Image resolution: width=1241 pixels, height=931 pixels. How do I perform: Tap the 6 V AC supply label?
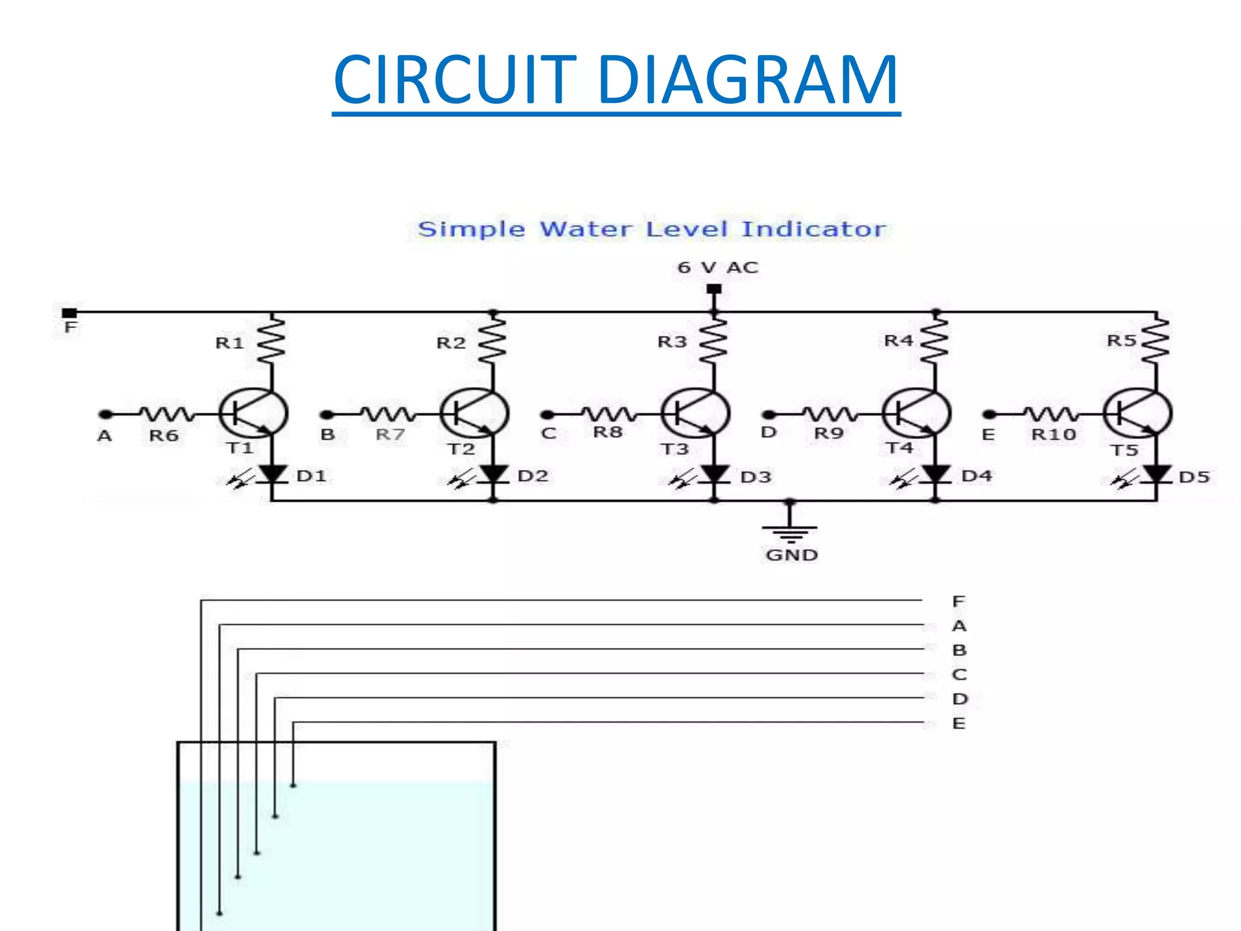(x=717, y=267)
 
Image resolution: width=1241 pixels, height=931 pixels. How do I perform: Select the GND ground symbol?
(x=790, y=532)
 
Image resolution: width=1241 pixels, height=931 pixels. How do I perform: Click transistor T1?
(x=253, y=413)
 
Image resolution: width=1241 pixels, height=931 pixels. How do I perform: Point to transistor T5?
(x=1138, y=413)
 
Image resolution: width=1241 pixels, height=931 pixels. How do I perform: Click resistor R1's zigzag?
(x=271, y=341)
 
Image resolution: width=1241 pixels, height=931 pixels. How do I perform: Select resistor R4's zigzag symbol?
(x=935, y=341)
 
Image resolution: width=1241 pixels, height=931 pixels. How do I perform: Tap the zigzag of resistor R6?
(x=167, y=414)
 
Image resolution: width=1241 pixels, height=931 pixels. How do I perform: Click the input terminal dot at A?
(x=106, y=415)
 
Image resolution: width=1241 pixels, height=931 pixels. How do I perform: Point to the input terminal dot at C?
(x=547, y=415)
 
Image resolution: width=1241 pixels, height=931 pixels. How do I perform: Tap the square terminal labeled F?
(x=70, y=313)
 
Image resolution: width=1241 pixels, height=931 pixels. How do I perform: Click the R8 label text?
(x=607, y=432)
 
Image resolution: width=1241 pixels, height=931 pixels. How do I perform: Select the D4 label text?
(x=976, y=476)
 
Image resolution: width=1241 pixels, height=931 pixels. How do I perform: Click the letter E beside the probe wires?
(x=959, y=723)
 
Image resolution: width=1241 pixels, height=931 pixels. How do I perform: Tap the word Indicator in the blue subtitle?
(x=813, y=229)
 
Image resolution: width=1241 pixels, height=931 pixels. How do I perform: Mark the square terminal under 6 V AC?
(x=714, y=289)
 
